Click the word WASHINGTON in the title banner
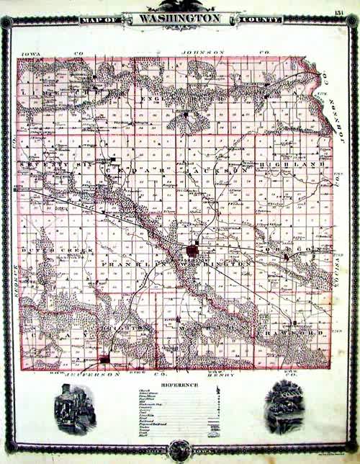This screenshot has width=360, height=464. [180, 17]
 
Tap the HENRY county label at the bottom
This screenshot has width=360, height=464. [216, 376]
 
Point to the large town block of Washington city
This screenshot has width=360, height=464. [193, 251]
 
